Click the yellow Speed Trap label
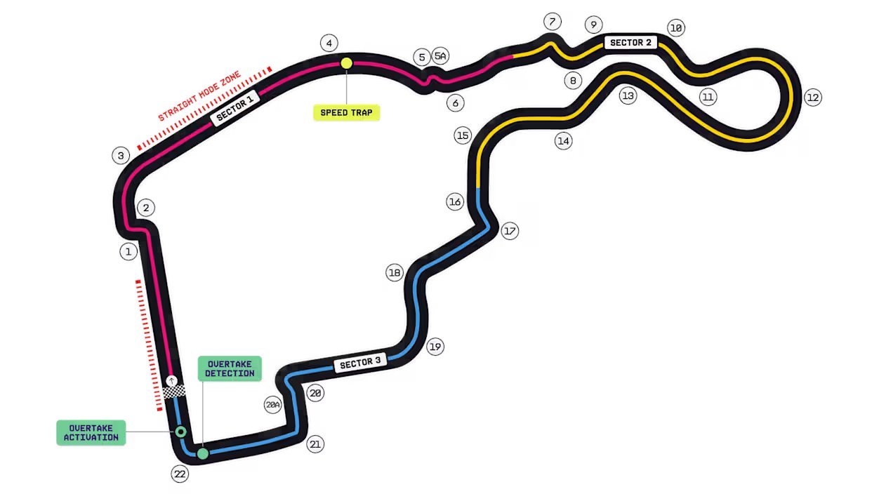click(347, 112)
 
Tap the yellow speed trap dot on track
click(347, 63)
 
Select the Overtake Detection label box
click(230, 368)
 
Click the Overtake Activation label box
click(91, 433)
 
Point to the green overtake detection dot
click(203, 453)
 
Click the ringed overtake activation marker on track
click(180, 432)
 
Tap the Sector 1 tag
click(235, 108)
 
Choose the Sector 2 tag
click(630, 42)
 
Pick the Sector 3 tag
click(360, 363)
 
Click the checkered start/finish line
click(174, 392)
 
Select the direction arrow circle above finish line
click(171, 380)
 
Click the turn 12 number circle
click(813, 98)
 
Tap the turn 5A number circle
click(440, 55)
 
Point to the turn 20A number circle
click(272, 405)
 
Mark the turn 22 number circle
click(180, 474)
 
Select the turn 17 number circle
click(510, 231)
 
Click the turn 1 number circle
click(128, 251)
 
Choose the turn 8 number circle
click(573, 81)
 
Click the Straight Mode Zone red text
click(199, 96)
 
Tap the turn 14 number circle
click(564, 141)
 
